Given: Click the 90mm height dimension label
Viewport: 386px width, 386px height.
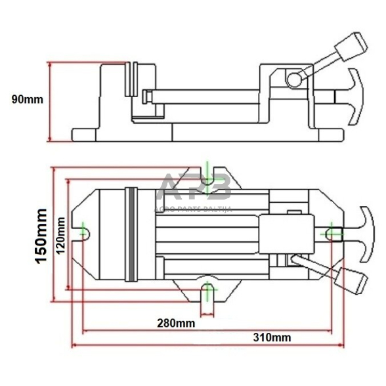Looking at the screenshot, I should [27, 100].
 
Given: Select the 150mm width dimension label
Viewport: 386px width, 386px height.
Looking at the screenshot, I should [41, 236].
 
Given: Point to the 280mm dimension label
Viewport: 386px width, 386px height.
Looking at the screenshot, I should [175, 322].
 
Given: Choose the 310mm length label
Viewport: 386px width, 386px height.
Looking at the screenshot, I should [272, 337].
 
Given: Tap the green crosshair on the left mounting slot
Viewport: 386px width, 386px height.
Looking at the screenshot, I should [85, 231].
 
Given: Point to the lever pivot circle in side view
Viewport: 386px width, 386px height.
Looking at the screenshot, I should [293, 79].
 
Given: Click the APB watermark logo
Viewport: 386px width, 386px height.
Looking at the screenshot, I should [196, 188].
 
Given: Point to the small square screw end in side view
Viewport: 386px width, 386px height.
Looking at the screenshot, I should [146, 96].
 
